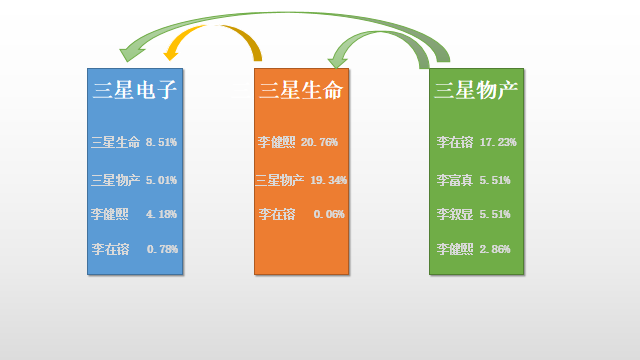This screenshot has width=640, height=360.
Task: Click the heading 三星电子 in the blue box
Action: (x=134, y=91)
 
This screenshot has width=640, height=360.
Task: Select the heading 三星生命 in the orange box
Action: (x=301, y=91)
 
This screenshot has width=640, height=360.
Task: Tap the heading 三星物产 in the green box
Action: (x=476, y=91)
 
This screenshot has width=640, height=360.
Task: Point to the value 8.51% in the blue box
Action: (x=161, y=143)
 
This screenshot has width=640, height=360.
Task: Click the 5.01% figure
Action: (x=161, y=181)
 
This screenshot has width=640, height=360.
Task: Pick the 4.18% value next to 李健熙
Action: (x=161, y=214)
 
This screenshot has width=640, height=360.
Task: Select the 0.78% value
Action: (x=162, y=249)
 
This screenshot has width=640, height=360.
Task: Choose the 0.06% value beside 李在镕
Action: (x=329, y=214)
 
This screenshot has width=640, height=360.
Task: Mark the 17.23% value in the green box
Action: (x=498, y=143)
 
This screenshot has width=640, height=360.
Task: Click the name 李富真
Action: (x=455, y=181)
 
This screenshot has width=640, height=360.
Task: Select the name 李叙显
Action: (x=455, y=214)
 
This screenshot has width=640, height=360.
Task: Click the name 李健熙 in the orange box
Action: (x=276, y=143)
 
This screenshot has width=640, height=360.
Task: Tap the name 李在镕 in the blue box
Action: (x=109, y=249)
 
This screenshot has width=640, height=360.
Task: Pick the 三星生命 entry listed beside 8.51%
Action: (x=115, y=143)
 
